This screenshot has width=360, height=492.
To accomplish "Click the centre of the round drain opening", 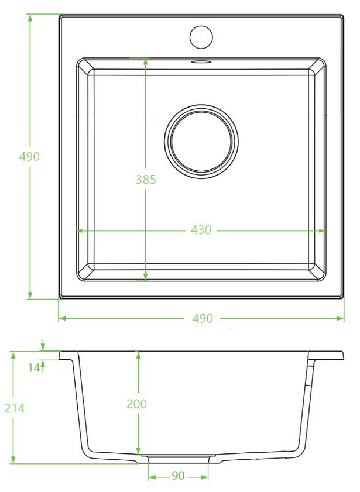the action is [201, 142].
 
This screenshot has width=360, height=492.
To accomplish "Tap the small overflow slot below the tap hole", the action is [201, 61].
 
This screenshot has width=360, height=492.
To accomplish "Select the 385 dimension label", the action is [146, 180].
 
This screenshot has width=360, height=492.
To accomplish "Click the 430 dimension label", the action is [201, 230].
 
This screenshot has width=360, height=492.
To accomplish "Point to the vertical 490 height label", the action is [29, 156].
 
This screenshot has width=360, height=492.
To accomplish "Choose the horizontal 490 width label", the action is [203, 318].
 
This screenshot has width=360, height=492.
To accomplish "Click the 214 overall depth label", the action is [15, 408].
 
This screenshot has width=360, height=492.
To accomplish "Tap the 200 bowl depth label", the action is [136, 404].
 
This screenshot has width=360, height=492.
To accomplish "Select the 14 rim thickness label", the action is [34, 367].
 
